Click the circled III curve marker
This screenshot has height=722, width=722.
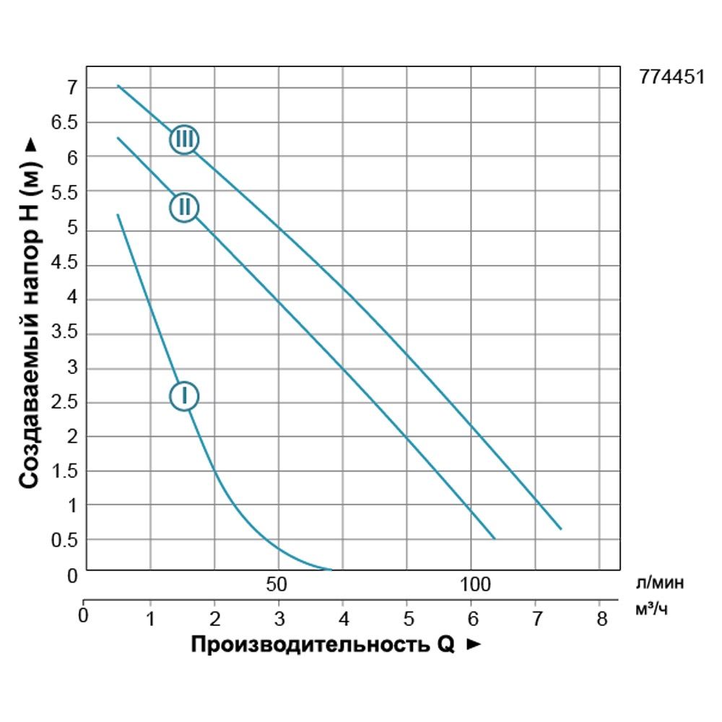(x=184, y=139)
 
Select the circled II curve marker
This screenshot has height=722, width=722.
(x=184, y=208)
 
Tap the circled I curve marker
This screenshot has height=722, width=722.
(x=184, y=396)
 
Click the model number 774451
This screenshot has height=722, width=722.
(x=671, y=78)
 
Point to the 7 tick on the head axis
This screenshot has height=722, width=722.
(x=71, y=88)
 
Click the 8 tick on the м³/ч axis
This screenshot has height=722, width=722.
(x=601, y=617)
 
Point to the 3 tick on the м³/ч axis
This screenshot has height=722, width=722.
(x=279, y=617)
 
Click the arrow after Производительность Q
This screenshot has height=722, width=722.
(x=474, y=645)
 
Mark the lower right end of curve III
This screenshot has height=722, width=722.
(x=560, y=529)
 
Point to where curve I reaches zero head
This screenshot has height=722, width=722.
(x=331, y=570)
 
